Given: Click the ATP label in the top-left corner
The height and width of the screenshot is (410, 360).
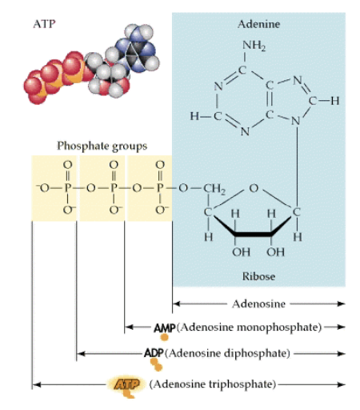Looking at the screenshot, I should point(44,23).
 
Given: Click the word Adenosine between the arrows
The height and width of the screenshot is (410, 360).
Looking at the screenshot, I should point(258,304).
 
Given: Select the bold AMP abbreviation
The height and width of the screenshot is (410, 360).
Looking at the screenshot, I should point(164,328).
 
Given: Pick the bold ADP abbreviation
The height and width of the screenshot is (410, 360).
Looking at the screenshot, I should point(154,352).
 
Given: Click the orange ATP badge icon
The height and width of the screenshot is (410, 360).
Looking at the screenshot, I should point(126,384).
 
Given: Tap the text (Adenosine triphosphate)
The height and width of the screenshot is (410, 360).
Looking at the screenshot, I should point(211,384).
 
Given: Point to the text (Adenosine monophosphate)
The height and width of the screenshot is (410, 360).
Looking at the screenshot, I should point(254,328).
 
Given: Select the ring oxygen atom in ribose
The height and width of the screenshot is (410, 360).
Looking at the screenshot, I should point(253,189).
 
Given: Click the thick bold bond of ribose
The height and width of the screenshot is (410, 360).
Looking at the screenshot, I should point(252,234).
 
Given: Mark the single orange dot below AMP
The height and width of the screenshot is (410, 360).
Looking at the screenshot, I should point(164,338).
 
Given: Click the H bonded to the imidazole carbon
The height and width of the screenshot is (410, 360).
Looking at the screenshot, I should point(336,102).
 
